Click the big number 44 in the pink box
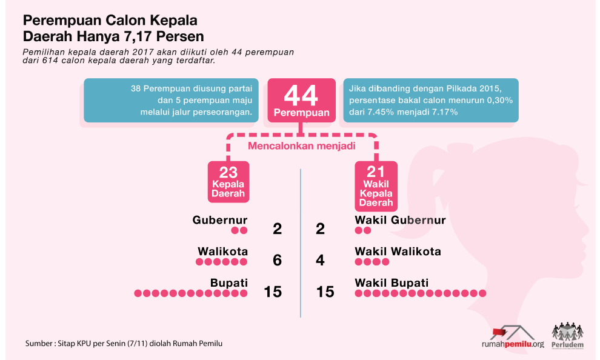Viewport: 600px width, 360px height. point(301,96)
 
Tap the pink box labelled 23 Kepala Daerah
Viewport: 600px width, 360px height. point(228,181)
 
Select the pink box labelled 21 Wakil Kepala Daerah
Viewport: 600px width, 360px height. point(376,185)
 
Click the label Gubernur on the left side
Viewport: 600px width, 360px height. point(220,220)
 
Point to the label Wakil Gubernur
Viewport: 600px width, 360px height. point(400,220)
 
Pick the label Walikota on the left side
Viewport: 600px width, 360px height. point(222,252)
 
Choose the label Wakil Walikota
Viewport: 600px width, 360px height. point(398,252)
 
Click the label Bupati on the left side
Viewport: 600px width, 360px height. point(229,283)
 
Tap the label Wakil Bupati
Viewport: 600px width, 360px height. point(392,283)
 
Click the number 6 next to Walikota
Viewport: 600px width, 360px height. point(278,260)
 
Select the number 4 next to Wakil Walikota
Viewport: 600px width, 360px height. point(321,260)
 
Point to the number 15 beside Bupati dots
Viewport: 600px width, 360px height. point(273,292)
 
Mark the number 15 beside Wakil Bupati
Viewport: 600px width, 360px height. point(325,292)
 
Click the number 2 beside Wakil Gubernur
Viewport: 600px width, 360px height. point(321,228)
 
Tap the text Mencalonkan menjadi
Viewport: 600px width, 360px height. point(301,145)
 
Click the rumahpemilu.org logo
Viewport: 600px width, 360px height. point(512,337)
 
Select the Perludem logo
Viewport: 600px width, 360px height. point(568,336)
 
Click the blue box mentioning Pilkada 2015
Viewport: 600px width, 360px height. point(431,101)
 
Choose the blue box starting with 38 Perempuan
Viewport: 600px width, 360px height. point(172,101)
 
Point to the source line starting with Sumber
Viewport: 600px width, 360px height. point(124,344)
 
